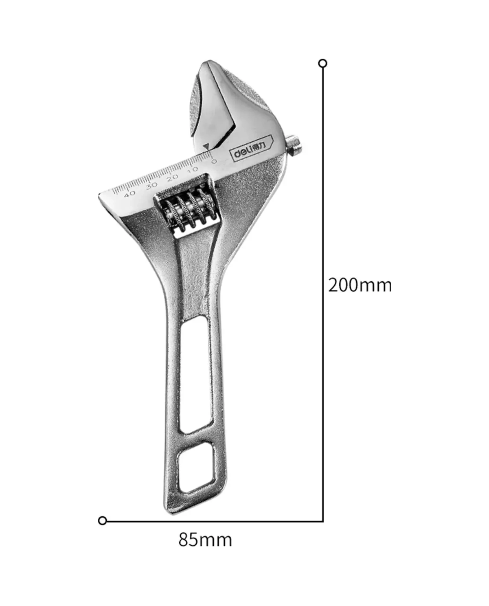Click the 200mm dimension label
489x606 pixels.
360,285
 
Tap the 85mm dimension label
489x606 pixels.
205,540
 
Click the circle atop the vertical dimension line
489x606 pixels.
322,64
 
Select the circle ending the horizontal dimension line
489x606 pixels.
103,520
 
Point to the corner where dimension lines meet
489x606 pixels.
323,520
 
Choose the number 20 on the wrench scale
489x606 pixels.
173,177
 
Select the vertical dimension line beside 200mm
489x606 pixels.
323,204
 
